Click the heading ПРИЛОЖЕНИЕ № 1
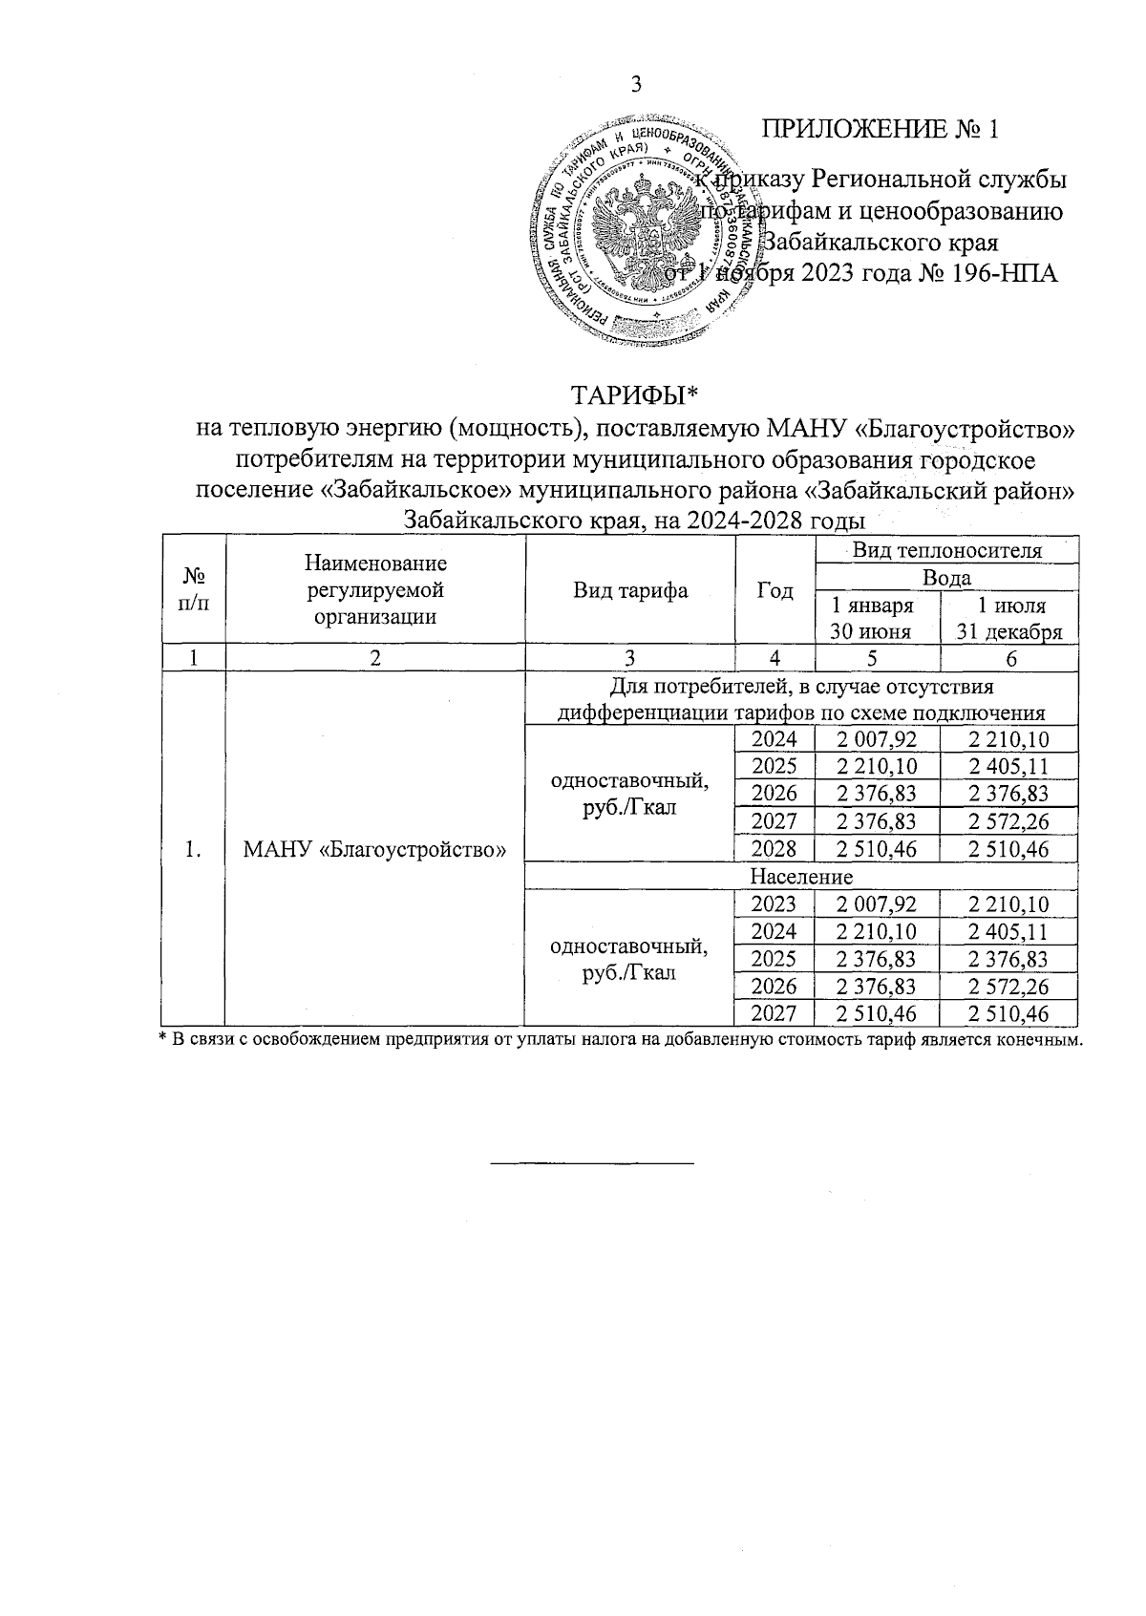[x=880, y=130]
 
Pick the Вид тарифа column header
[x=630, y=590]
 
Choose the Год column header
[x=775, y=590]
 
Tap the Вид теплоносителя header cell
[x=946, y=550]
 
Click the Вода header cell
[x=946, y=577]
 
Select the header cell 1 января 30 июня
[x=877, y=618]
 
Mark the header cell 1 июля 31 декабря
[x=1009, y=618]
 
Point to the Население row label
[x=801, y=876]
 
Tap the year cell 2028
[x=775, y=849]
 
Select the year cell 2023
[x=775, y=904]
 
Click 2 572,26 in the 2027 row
[x=1008, y=821]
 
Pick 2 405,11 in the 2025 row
[x=1008, y=766]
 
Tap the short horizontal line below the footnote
[x=592, y=1162]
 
